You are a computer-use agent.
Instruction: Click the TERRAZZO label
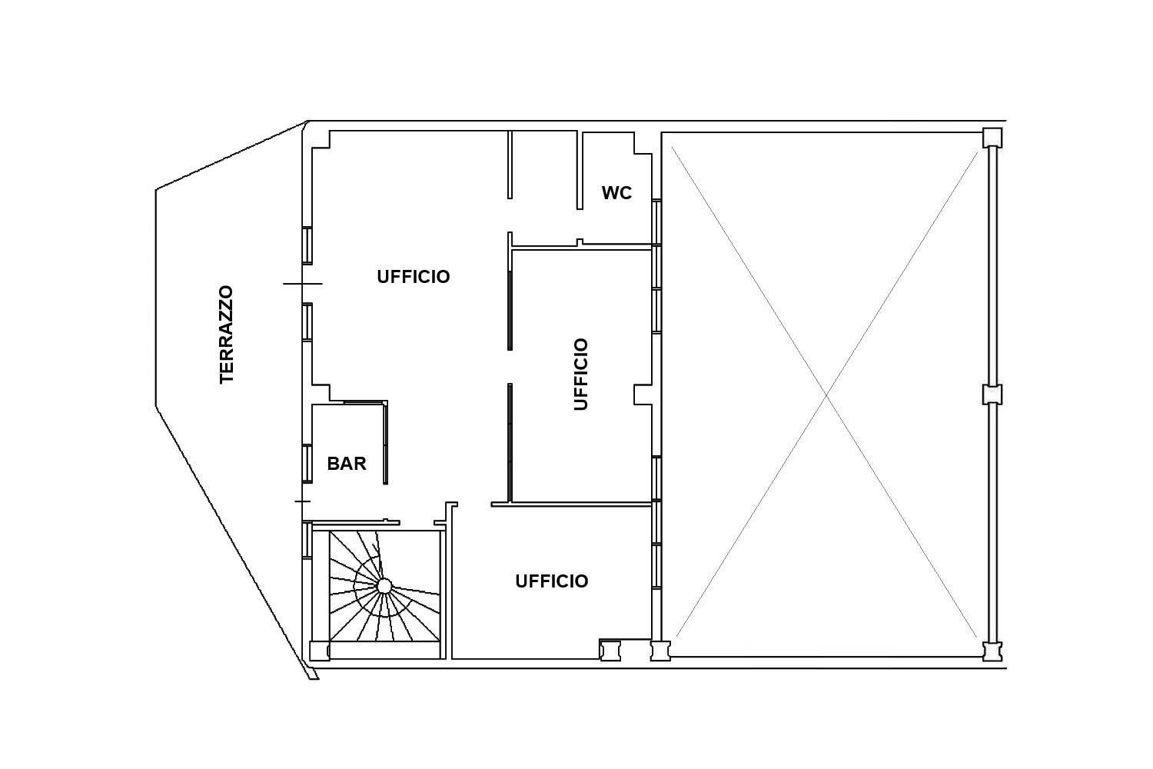pyautogui.click(x=227, y=335)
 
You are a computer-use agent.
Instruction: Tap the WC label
pyautogui.click(x=616, y=193)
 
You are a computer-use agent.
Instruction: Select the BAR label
pyautogui.click(x=347, y=464)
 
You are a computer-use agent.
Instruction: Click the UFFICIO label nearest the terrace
pyautogui.click(x=414, y=277)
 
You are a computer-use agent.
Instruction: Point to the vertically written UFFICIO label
pyautogui.click(x=580, y=375)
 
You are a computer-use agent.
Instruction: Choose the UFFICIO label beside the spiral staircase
pyautogui.click(x=552, y=581)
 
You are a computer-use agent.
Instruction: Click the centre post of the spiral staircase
pyautogui.click(x=384, y=586)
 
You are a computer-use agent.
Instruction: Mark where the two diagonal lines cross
pyautogui.click(x=826, y=395)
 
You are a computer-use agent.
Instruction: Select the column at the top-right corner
pyautogui.click(x=992, y=138)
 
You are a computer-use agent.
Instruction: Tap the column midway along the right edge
pyautogui.click(x=992, y=395)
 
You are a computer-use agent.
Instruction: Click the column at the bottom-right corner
pyautogui.click(x=992, y=651)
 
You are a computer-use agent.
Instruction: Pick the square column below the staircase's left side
pyautogui.click(x=320, y=651)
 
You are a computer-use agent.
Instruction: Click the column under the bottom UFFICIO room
pyautogui.click(x=610, y=650)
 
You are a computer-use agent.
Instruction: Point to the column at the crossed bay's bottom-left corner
pyautogui.click(x=660, y=651)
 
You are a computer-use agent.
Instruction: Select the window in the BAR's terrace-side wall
pyautogui.click(x=307, y=464)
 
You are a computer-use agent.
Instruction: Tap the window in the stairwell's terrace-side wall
pyautogui.click(x=307, y=540)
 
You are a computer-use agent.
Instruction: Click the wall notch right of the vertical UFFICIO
pyautogui.click(x=643, y=394)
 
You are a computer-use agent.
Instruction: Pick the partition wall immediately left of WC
pyautogui.click(x=580, y=170)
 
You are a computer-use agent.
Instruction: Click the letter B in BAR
pyautogui.click(x=334, y=464)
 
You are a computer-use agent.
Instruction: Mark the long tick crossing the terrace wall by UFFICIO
pyautogui.click(x=303, y=284)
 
